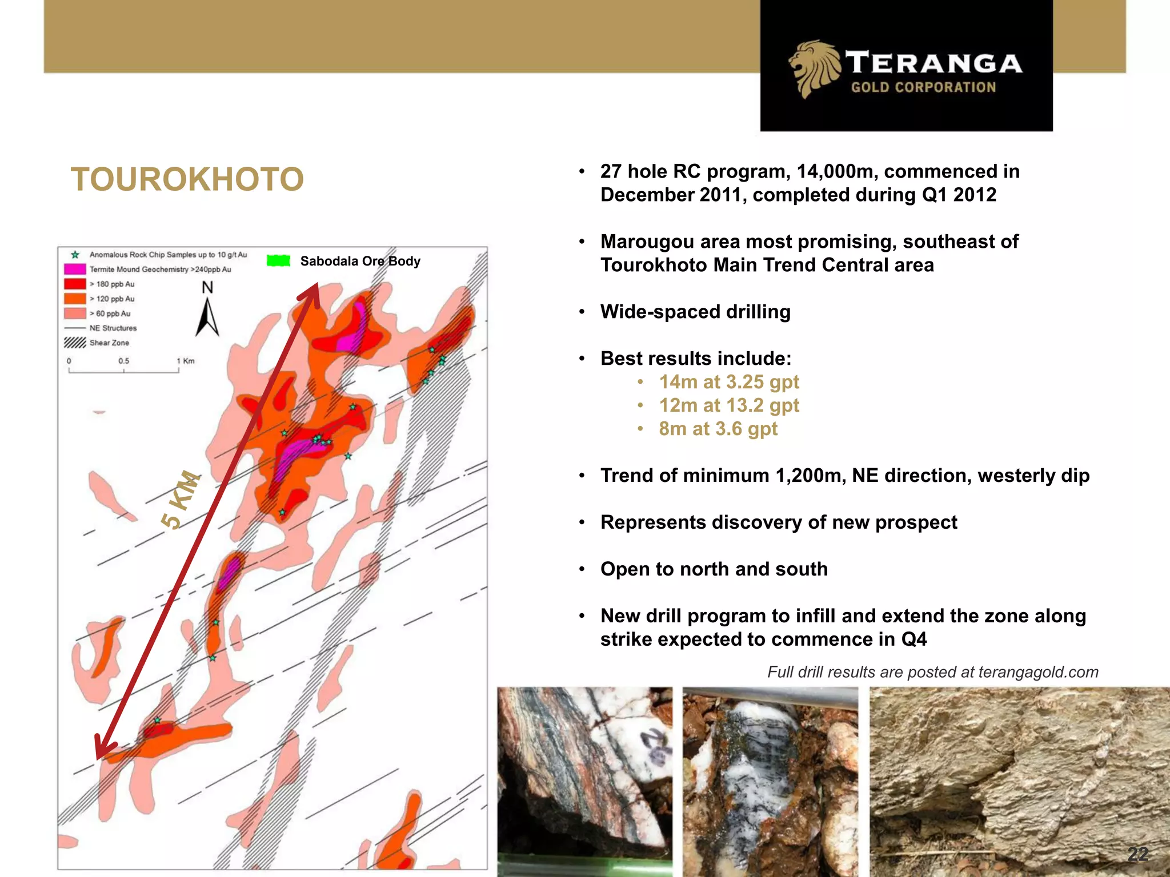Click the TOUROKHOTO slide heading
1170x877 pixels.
pos(187,179)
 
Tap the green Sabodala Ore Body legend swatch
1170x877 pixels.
pos(279,261)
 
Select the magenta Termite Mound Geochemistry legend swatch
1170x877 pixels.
pos(75,269)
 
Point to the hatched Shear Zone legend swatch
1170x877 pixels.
pos(74,343)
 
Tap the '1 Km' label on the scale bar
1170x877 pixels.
pos(186,361)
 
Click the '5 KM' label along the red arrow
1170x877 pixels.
pos(181,500)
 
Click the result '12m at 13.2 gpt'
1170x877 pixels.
pos(729,405)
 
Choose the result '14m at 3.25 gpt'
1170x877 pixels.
pos(729,382)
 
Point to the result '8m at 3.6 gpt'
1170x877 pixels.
pos(718,429)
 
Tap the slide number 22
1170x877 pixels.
pos(1137,854)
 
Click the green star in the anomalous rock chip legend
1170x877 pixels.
pos(75,255)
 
